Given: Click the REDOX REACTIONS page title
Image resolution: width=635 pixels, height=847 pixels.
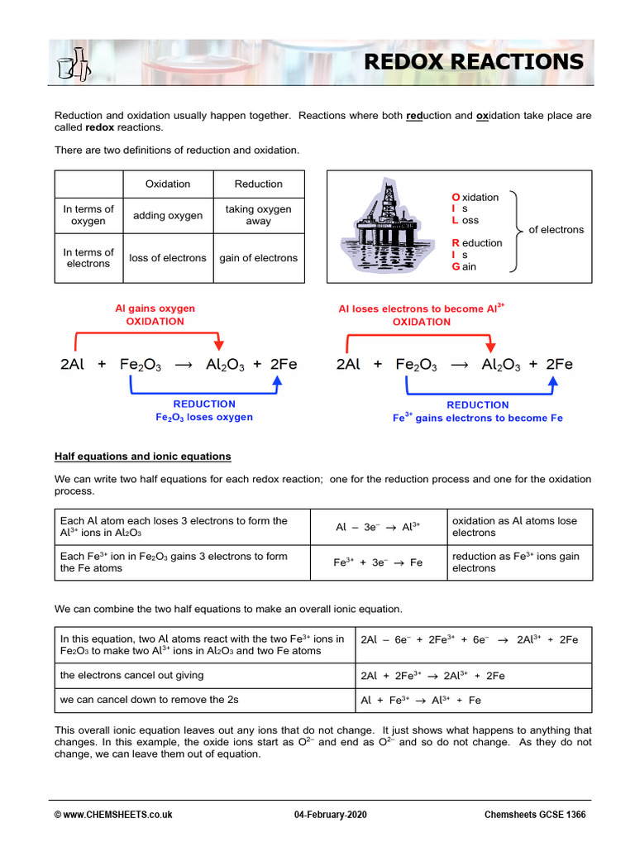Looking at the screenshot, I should pos(474,62).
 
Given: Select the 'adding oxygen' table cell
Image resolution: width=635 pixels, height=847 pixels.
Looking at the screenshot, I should pos(168,216).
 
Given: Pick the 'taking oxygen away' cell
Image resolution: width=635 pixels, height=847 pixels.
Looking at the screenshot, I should pos(258,216).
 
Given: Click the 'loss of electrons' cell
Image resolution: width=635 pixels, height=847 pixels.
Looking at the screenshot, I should pos(168,258).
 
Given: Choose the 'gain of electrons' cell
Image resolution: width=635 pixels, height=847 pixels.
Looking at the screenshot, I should pos(258,258).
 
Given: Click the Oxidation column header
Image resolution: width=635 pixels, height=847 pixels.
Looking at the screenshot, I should pos(168,184).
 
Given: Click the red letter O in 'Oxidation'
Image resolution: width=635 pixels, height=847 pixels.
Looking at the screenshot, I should pos(455,198).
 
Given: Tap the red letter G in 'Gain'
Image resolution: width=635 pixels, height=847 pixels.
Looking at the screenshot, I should pos(455,267).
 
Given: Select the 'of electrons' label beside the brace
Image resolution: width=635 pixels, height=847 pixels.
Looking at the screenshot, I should pos(556,230).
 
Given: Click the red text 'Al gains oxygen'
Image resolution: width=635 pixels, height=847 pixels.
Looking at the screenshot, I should pos(155,309).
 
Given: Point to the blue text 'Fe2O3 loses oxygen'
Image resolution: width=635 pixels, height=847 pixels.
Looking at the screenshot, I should pos(204,418).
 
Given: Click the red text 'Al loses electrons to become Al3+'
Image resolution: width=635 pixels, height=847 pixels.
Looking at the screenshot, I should pos(421,309).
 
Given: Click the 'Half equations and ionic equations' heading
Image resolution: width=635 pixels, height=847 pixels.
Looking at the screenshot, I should pos(143,457).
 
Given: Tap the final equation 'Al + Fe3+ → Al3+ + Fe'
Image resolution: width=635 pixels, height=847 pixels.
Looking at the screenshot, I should pos(421,701).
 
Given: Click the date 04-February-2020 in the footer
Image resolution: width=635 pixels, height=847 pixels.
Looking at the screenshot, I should pos(331,815).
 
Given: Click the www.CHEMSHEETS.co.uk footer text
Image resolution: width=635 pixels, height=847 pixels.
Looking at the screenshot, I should pos(113,815).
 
